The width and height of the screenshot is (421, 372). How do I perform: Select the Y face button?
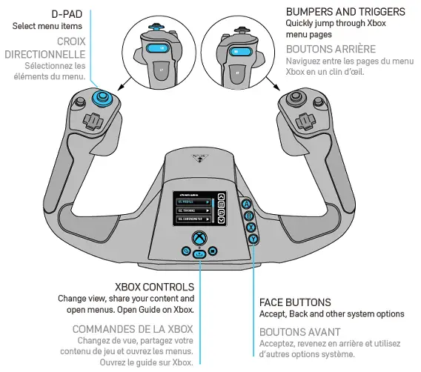coord(253,239)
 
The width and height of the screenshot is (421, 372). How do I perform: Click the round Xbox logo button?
coord(199,238)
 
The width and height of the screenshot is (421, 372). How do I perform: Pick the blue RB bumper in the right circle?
coord(238,52)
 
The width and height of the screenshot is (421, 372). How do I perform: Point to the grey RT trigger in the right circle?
coord(236,74)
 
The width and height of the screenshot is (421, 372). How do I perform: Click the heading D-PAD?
coord(66,14)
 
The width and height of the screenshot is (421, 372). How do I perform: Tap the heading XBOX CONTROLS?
coord(154,286)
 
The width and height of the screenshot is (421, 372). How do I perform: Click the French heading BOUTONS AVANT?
coord(299,332)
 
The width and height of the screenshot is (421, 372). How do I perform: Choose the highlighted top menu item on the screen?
coord(193,201)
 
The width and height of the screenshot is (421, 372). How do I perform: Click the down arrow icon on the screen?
coord(220,220)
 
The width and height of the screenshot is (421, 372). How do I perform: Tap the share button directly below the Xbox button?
coord(199,254)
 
